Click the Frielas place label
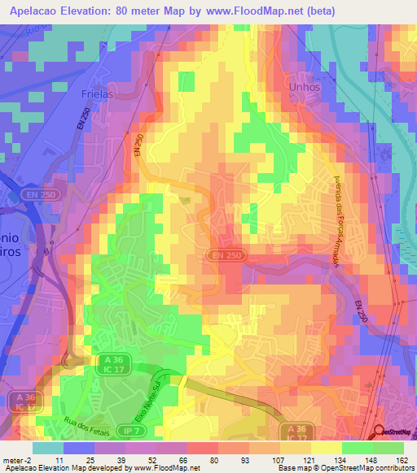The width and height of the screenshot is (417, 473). pyautogui.click(x=98, y=93)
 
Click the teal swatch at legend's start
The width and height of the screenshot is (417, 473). pyautogui.click(x=48, y=448)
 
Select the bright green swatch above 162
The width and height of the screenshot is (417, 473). pyautogui.click(x=389, y=448)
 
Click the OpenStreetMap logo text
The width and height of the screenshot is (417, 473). pyautogui.click(x=396, y=432)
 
